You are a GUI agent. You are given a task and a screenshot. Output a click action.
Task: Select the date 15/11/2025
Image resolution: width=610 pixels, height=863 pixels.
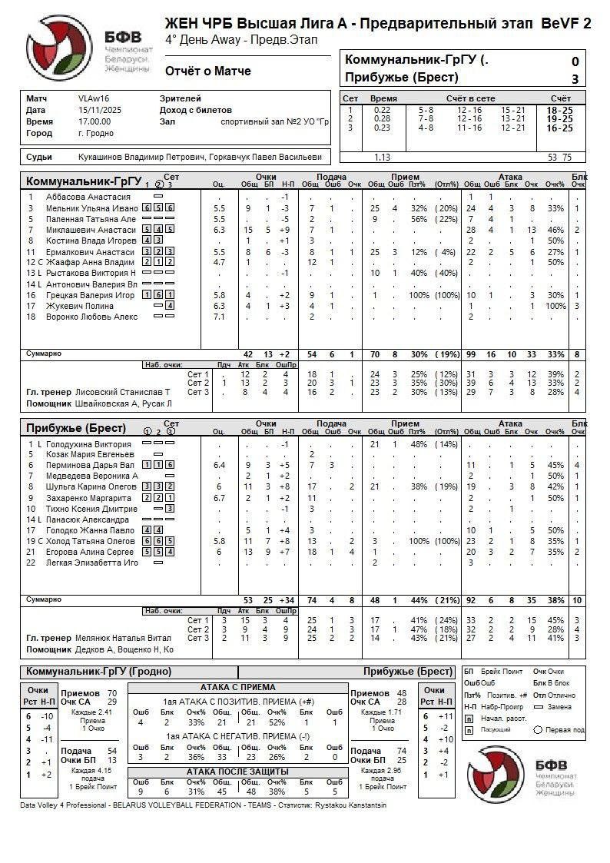click(x=96, y=110)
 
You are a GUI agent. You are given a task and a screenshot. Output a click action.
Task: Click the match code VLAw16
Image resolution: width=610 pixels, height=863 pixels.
click(x=94, y=98)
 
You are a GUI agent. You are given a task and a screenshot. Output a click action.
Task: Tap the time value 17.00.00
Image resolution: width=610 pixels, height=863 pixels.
click(x=94, y=121)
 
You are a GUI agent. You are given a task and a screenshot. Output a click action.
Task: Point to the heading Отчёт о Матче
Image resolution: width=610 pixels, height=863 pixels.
click(x=207, y=71)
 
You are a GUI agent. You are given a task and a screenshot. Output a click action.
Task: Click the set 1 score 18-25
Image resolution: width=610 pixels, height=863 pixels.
click(x=559, y=111)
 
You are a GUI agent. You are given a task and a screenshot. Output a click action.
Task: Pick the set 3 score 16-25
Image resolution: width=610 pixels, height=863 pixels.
click(x=559, y=128)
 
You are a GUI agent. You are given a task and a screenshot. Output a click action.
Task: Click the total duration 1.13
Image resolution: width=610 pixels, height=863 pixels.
click(x=382, y=157)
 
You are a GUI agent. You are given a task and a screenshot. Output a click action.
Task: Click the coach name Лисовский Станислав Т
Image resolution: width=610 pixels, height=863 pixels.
click(x=123, y=392)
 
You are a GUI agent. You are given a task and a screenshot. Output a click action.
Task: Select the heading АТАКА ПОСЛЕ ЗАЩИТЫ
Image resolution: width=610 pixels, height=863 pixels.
click(x=237, y=771)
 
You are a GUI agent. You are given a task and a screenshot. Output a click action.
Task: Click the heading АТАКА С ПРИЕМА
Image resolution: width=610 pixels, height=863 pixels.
click(x=237, y=687)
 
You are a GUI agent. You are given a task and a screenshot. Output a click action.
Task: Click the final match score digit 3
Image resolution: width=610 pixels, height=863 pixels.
click(x=575, y=78)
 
